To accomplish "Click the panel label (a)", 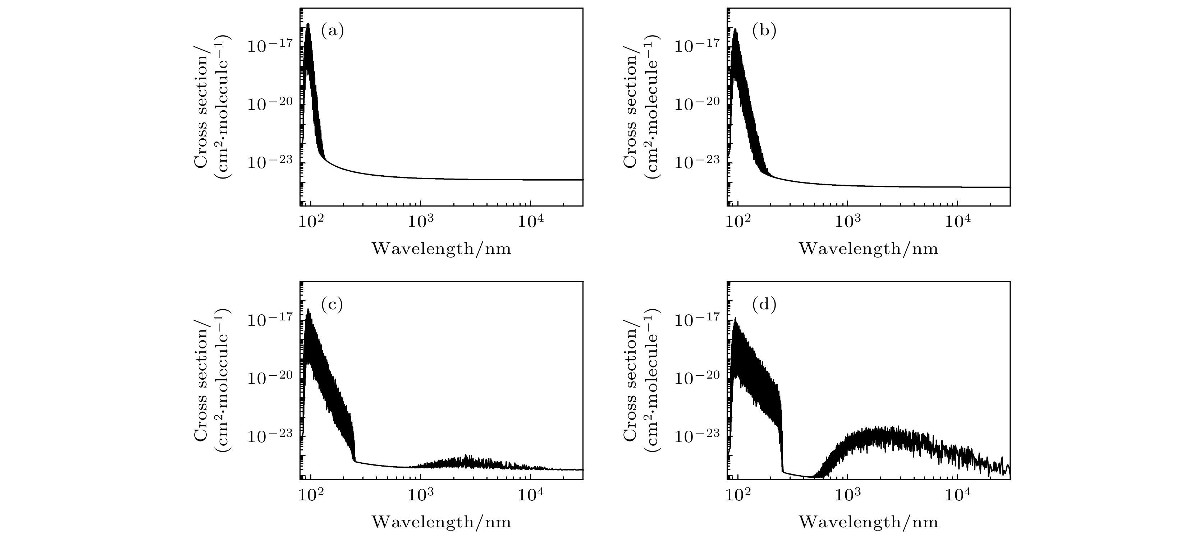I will click(x=333, y=31).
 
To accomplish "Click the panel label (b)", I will click(x=764, y=31).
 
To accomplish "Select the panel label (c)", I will click(x=333, y=305).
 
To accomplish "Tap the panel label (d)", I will click(x=764, y=305).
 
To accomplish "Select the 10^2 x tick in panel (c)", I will click(x=311, y=494).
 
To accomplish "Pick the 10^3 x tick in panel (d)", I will click(x=848, y=494).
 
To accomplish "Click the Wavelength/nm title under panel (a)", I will click(x=441, y=249).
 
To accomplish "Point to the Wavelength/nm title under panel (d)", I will click(x=869, y=522).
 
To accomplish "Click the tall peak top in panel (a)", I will click(x=308, y=24).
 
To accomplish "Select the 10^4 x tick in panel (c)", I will click(x=530, y=494).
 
